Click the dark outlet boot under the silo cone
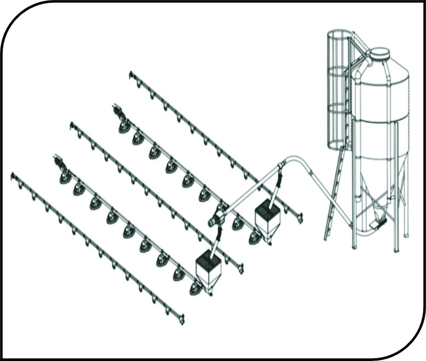(378, 222)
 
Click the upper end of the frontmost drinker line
(14, 176)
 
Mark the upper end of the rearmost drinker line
(132, 74)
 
